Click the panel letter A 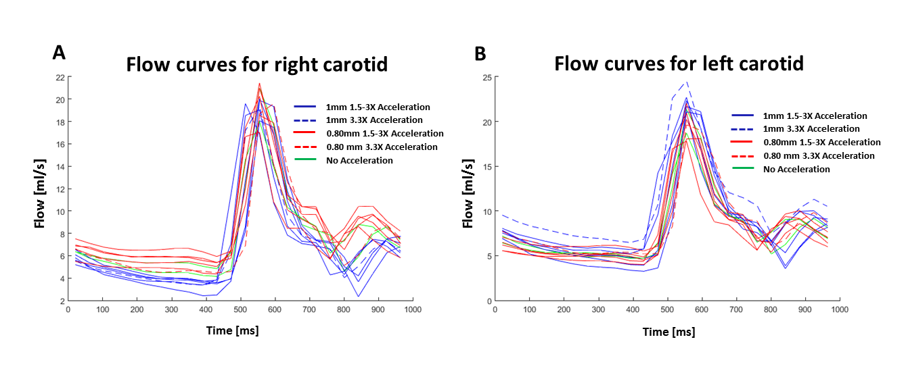[60, 53]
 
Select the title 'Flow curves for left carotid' [679, 64]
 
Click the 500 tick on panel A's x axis [240, 309]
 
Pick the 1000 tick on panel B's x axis [840, 309]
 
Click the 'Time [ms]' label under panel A [233, 330]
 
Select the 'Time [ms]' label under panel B [669, 332]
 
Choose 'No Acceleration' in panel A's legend [359, 160]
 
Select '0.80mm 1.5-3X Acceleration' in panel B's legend [821, 143]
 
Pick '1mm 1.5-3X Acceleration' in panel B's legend [815, 116]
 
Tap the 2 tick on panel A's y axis [62, 301]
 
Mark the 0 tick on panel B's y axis [486, 301]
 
